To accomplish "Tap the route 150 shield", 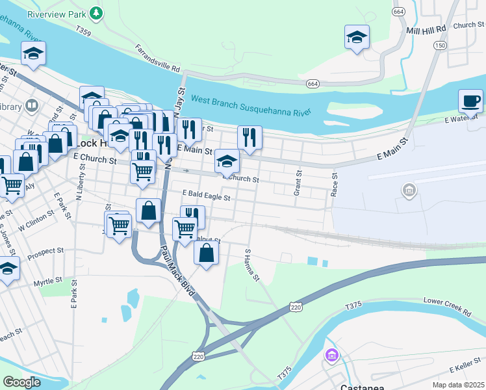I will tap(441, 45).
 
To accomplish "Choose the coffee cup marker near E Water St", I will tap(470, 102).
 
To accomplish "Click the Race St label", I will tap(335, 184).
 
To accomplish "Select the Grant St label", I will tap(299, 182).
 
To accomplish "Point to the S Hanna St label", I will tap(251, 265).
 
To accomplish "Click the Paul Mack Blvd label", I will tap(177, 272).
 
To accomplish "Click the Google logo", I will tap(22, 382).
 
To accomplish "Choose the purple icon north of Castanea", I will tap(331, 356).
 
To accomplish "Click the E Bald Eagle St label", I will tap(207, 194).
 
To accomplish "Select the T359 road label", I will tap(83, 30).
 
